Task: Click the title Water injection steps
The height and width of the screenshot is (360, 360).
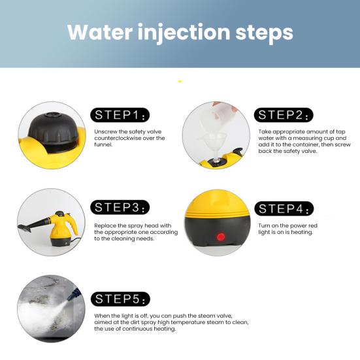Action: [180, 32]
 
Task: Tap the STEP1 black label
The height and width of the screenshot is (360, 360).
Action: [120, 115]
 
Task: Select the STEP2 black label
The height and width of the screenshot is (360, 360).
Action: [284, 115]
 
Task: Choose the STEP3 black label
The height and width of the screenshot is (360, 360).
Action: [120, 207]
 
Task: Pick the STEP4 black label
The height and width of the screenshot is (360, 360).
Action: [284, 208]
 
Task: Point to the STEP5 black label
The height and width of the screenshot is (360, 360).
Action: [120, 299]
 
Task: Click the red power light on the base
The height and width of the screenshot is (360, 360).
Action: [221, 237]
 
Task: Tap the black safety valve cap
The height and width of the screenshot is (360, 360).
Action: [54, 131]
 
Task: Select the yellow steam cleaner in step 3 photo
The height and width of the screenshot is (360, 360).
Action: [61, 229]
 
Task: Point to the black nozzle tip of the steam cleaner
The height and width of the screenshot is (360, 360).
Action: [24, 228]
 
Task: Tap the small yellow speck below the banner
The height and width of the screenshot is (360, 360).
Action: [180, 81]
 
